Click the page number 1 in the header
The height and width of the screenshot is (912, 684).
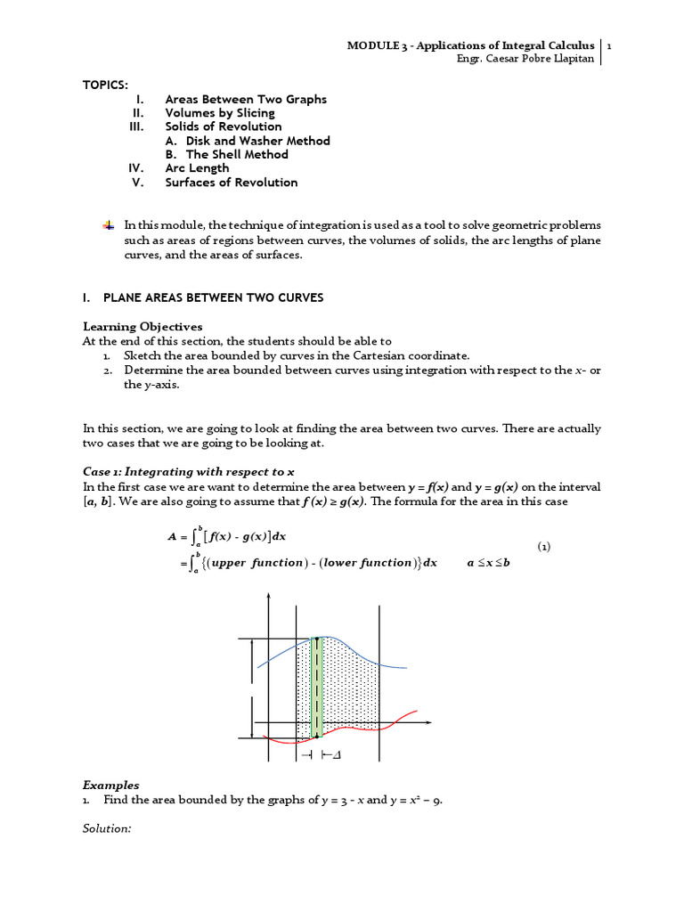point(608,45)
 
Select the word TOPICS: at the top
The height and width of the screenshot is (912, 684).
point(106,85)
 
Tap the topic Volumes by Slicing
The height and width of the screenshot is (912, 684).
point(220,113)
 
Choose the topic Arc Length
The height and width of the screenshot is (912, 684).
point(197,168)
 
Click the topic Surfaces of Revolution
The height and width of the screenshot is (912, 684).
point(232,183)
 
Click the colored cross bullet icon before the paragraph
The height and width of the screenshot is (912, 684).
point(109,225)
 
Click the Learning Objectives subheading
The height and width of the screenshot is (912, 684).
point(142,327)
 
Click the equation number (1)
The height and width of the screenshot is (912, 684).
point(545,547)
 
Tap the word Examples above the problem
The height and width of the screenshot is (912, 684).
point(111,786)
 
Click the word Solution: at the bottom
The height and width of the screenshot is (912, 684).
point(107,829)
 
